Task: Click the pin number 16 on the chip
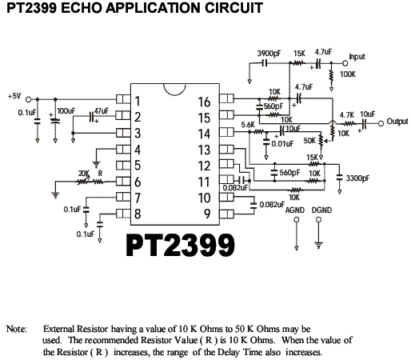pyautogui.click(x=204, y=102)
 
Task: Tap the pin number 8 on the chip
pyautogui.click(x=138, y=214)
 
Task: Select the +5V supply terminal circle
pyautogui.click(x=29, y=99)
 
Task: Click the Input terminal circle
pyautogui.click(x=345, y=63)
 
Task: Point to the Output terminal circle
pyautogui.click(x=381, y=123)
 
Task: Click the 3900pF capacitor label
pyautogui.click(x=269, y=54)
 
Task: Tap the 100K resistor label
pyautogui.click(x=348, y=74)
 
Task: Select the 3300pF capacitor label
pyautogui.click(x=357, y=178)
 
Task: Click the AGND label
pyautogui.click(x=295, y=210)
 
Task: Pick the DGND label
pyautogui.click(x=321, y=210)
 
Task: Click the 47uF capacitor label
pyautogui.click(x=102, y=111)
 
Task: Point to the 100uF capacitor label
pyautogui.click(x=66, y=111)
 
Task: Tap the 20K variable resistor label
pyautogui.click(x=84, y=174)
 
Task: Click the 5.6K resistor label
pyautogui.click(x=248, y=125)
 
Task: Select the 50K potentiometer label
pyautogui.click(x=309, y=141)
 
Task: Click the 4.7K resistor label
pyautogui.click(x=346, y=115)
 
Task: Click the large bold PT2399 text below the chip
pyautogui.click(x=181, y=246)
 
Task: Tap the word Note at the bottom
pyautogui.click(x=17, y=329)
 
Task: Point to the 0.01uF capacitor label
pyautogui.click(x=282, y=144)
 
